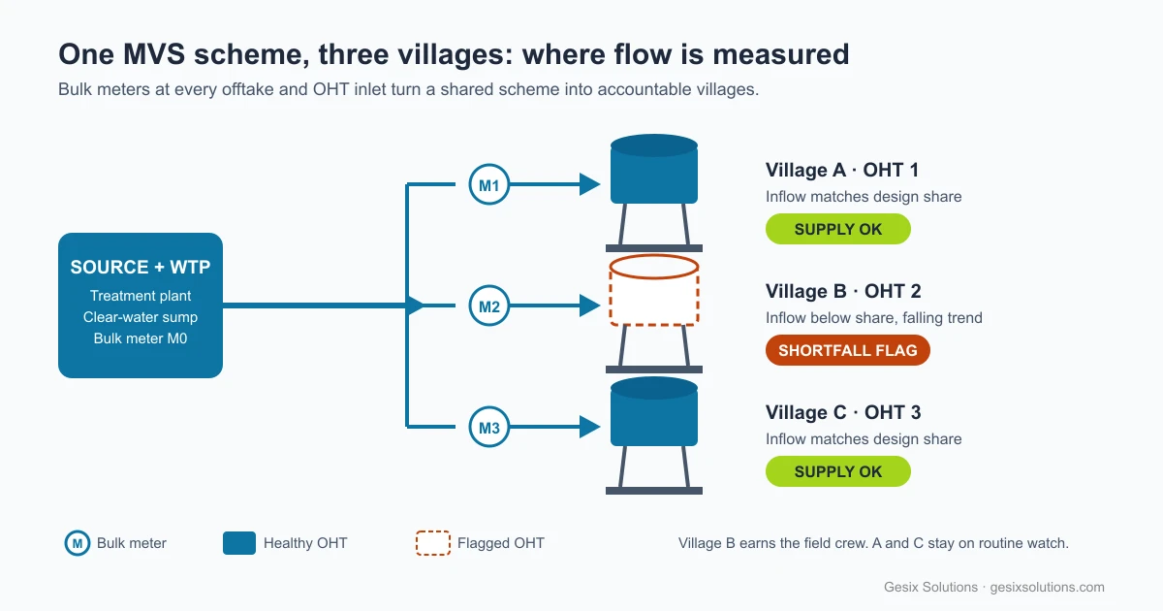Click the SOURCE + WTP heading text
pyautogui.click(x=141, y=267)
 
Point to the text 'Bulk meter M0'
pyautogui.click(x=141, y=338)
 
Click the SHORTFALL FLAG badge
pyautogui.click(x=847, y=350)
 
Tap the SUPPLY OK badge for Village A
pyautogui.click(x=838, y=229)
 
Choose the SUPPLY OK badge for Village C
pyautogui.click(x=838, y=471)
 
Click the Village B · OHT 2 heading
pyautogui.click(x=843, y=291)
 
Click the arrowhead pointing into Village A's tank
pyautogui.click(x=590, y=184)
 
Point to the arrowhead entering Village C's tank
pyautogui.click(x=590, y=427)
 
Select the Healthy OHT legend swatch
pyautogui.click(x=239, y=543)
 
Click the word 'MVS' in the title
pyautogui.click(x=154, y=54)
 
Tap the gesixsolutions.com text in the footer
pyautogui.click(x=1047, y=587)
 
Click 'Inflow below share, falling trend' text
pyautogui.click(x=874, y=317)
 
